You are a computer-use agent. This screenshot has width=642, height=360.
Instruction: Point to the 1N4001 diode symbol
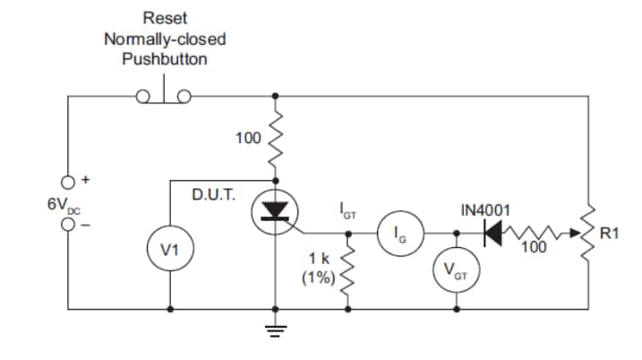pyautogui.click(x=495, y=234)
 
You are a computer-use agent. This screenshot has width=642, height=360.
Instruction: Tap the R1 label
pyautogui.click(x=609, y=235)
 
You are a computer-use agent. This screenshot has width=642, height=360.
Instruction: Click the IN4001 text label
pyautogui.click(x=485, y=210)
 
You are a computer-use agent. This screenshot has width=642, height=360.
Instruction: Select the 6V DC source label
pyautogui.click(x=63, y=204)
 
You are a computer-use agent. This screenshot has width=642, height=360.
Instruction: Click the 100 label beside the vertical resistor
pyautogui.click(x=246, y=138)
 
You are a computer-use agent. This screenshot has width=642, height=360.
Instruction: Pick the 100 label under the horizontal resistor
pyautogui.click(x=533, y=248)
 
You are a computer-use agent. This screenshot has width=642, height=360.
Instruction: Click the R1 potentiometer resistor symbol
pyautogui.click(x=589, y=235)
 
